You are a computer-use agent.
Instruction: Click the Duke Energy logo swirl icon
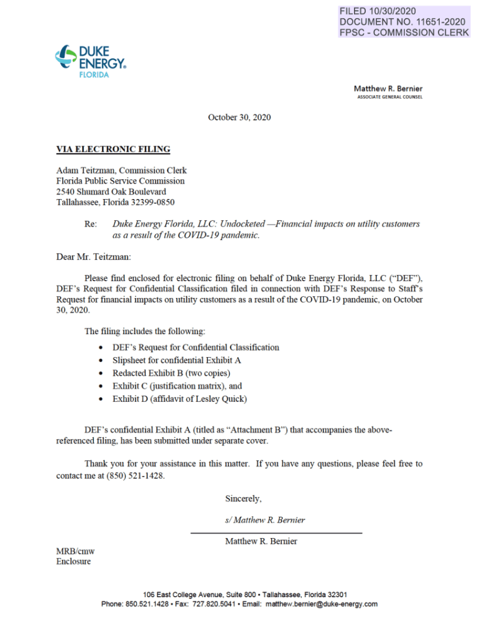click(x=65, y=57)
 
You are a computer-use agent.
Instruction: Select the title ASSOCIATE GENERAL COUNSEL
click(x=389, y=97)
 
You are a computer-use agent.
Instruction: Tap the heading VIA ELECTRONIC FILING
click(x=113, y=149)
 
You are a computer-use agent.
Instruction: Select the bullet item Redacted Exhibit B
click(x=171, y=373)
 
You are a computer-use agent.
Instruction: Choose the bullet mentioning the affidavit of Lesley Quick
click(x=184, y=399)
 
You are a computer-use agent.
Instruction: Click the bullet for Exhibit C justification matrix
click(x=177, y=386)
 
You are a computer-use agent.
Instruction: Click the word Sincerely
click(x=243, y=498)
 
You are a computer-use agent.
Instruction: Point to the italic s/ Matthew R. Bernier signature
click(x=265, y=520)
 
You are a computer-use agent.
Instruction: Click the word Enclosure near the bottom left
click(x=73, y=562)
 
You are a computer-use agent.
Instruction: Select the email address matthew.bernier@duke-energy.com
click(x=322, y=604)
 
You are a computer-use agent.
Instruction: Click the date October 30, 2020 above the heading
click(x=240, y=117)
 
